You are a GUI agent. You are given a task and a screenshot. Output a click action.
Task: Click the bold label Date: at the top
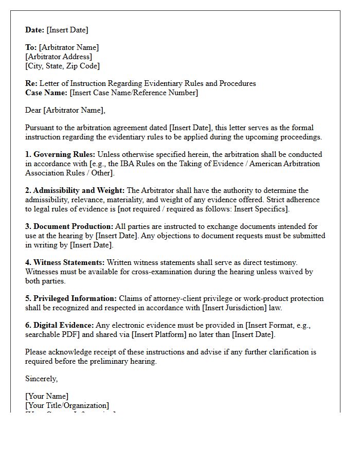click(x=35, y=30)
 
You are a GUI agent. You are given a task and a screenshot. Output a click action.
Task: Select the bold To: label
click(x=31, y=47)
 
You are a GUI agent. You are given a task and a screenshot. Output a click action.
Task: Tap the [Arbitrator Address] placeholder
click(x=59, y=57)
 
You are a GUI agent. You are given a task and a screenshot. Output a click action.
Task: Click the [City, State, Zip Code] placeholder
click(x=62, y=66)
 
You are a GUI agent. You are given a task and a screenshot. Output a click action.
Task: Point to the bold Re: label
click(x=31, y=83)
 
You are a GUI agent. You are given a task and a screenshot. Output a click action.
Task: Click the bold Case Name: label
click(x=46, y=93)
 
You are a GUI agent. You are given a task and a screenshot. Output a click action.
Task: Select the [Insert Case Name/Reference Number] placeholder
click(x=134, y=93)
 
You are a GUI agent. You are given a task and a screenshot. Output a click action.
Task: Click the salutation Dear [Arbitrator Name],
click(x=65, y=110)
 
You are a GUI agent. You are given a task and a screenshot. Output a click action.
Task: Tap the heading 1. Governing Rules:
click(x=60, y=154)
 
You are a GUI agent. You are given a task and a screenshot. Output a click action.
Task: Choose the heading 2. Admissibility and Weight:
click(x=75, y=190)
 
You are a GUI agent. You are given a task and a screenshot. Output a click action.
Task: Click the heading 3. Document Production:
click(x=69, y=226)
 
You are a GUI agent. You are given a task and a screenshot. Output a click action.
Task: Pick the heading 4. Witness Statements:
click(x=65, y=262)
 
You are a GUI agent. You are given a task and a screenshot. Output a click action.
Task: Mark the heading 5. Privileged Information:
click(x=71, y=298)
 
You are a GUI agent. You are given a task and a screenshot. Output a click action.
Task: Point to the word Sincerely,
click(x=42, y=379)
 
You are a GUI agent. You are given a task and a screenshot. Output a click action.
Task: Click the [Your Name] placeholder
click(x=47, y=396)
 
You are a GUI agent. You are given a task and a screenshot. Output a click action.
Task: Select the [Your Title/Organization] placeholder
click(x=67, y=405)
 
